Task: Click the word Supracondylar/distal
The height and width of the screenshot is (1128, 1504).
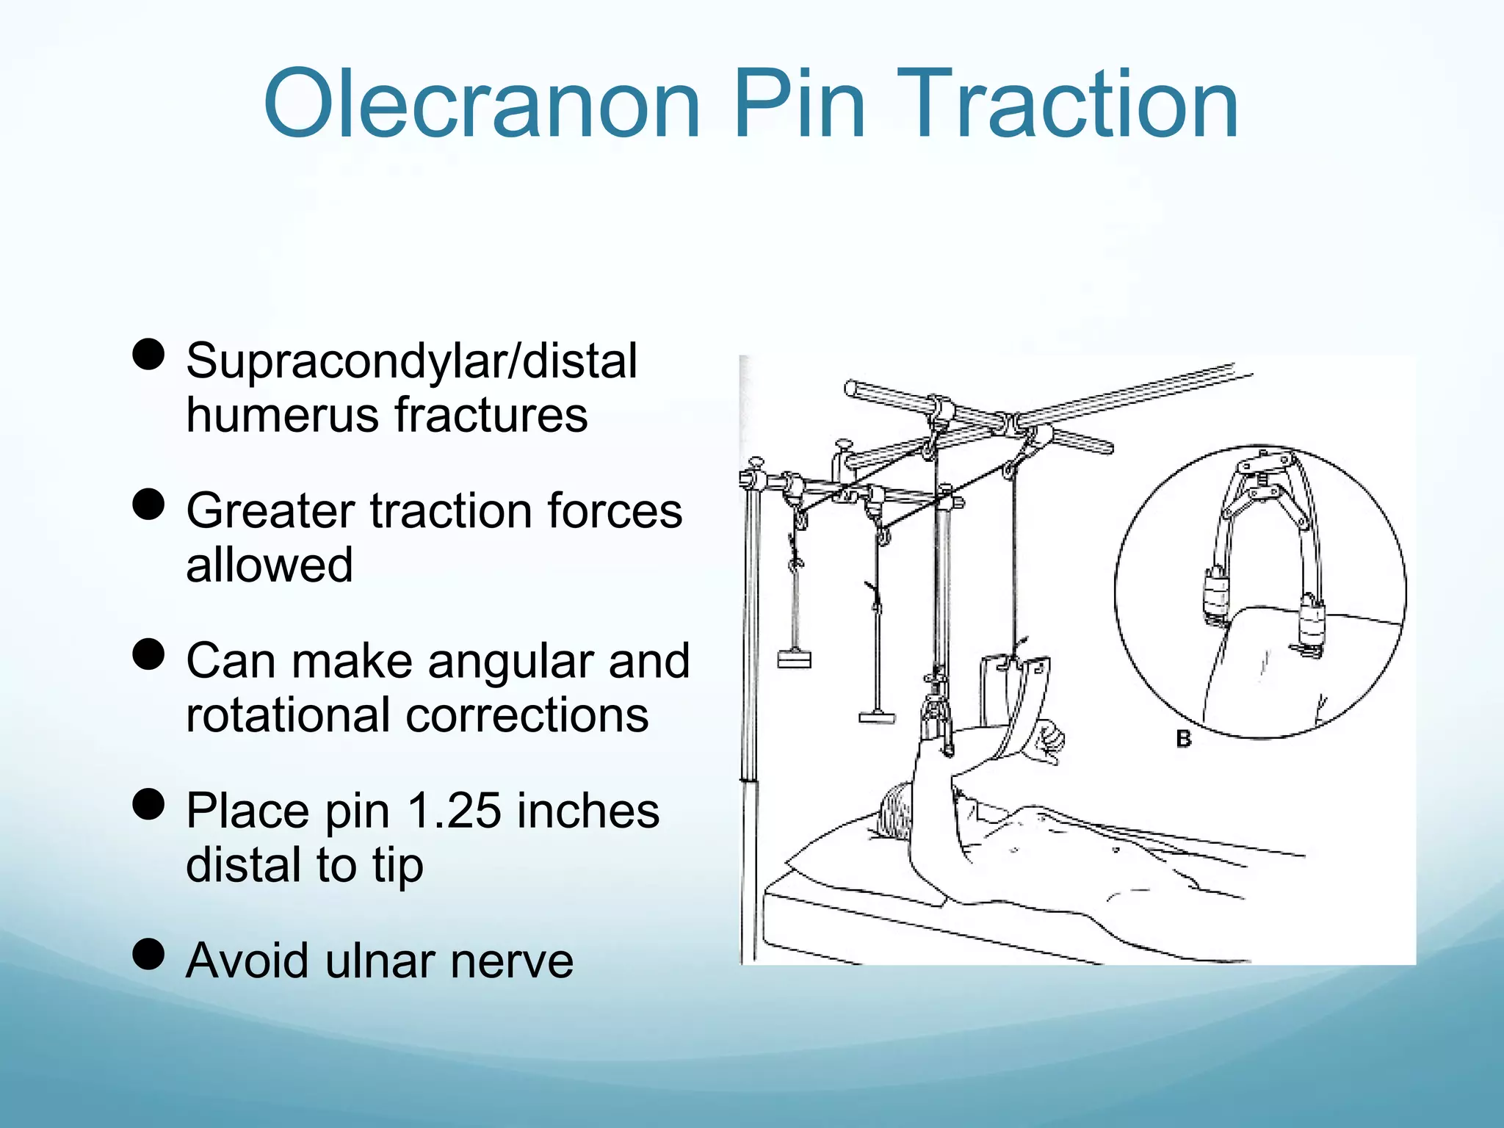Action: (x=411, y=362)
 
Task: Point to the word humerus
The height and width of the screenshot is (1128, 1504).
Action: (x=282, y=415)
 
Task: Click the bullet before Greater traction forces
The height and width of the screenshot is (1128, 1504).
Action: (x=148, y=505)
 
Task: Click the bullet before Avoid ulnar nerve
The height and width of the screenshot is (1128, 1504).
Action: (x=148, y=954)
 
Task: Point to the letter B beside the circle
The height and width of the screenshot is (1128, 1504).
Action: (x=1183, y=738)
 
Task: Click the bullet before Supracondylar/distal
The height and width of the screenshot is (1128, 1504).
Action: (x=148, y=355)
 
